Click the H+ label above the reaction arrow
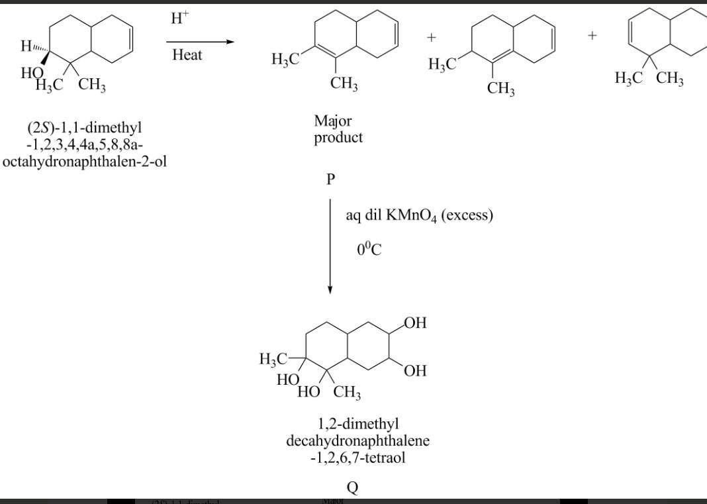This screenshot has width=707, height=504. click(179, 19)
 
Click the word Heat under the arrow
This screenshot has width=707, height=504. click(187, 55)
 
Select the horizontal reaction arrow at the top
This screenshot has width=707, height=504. click(200, 42)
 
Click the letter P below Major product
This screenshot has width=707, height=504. click(330, 179)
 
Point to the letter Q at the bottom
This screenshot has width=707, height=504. click(353, 487)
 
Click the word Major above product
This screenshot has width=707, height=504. click(333, 121)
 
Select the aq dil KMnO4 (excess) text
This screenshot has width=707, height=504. click(419, 216)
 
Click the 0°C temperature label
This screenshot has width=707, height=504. click(369, 250)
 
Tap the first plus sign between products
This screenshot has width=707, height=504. click(432, 38)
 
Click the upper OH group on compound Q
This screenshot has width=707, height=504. click(416, 323)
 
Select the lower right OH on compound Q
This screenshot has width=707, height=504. click(415, 371)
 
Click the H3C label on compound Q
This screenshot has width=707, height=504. click(273, 360)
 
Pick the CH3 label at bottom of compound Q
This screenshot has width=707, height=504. click(348, 393)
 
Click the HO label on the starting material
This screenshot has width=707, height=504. click(32, 73)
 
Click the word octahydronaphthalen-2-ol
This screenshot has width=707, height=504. click(85, 161)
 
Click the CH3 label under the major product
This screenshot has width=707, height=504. click(344, 84)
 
